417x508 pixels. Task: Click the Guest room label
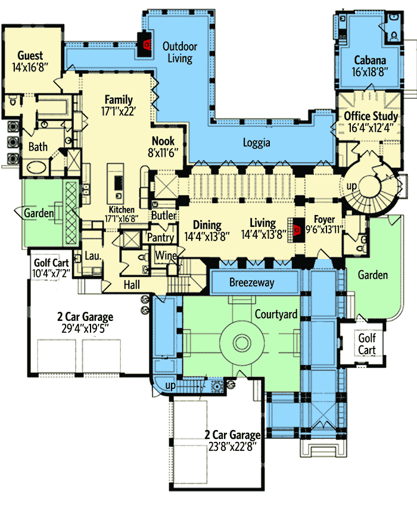coord(30,55)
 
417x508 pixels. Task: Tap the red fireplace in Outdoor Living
coord(144,43)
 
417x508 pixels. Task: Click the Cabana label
coord(370,60)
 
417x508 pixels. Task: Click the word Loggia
coord(257,143)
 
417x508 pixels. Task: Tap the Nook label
coord(163,141)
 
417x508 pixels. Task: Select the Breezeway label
coord(252,282)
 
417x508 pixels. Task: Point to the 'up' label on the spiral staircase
coord(352,186)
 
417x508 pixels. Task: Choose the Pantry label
coord(161,238)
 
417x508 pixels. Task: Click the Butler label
coord(163,215)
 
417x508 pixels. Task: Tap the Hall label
coord(132,285)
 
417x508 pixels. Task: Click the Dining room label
coord(207,225)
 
